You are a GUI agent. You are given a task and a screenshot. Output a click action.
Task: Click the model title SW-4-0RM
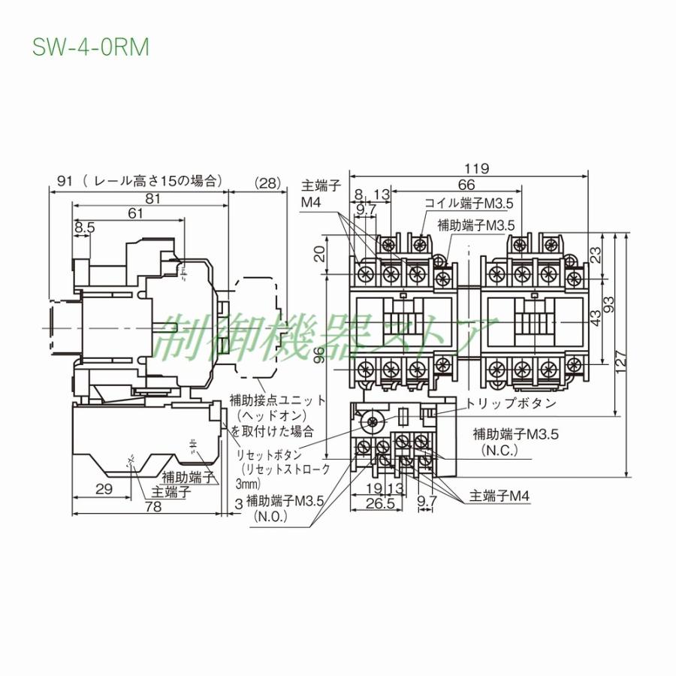tap(91, 47)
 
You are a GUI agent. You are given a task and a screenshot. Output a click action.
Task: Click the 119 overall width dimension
tap(477, 169)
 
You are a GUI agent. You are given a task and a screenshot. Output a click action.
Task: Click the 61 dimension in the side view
tap(135, 213)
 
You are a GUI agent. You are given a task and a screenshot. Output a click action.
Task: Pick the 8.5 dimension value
tap(85, 227)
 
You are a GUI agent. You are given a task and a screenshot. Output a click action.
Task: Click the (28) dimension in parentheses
tap(267, 182)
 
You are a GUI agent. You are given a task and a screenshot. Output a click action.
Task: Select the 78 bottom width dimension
tap(152, 507)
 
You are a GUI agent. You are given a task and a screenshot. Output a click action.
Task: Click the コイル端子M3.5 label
tap(470, 204)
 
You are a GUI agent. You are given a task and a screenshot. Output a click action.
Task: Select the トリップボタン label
tap(512, 403)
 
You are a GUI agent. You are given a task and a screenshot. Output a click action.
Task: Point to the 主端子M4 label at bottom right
tap(500, 496)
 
